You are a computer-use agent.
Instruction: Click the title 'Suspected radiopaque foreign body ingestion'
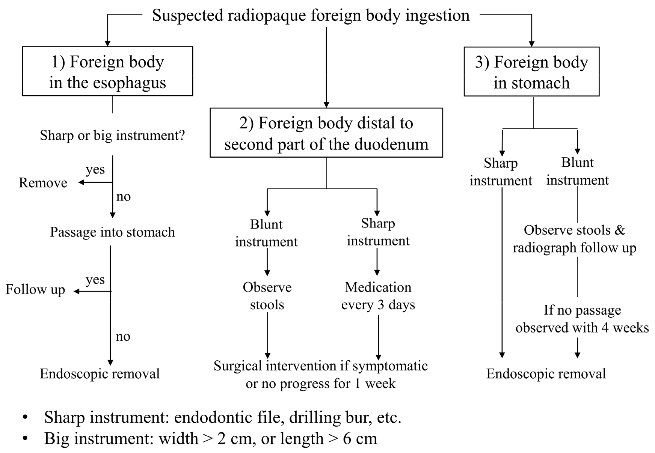click(x=311, y=16)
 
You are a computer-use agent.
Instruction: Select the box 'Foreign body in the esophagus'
click(x=107, y=72)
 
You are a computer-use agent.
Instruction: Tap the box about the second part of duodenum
click(x=326, y=133)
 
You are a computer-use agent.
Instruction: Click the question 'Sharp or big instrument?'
click(x=112, y=135)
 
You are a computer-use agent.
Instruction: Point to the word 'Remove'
click(x=43, y=183)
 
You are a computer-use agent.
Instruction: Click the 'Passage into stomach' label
click(x=112, y=232)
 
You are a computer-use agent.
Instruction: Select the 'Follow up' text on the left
click(x=35, y=289)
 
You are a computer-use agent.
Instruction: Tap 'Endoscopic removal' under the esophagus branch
click(x=100, y=373)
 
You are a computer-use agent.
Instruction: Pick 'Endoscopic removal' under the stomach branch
click(x=546, y=373)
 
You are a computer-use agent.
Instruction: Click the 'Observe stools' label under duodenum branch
click(x=267, y=296)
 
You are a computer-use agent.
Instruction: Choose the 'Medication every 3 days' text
click(x=378, y=296)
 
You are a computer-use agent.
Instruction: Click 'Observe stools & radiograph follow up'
click(x=575, y=239)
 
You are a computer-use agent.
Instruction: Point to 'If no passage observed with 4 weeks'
click(x=582, y=319)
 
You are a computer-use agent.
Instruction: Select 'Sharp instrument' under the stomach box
click(x=501, y=172)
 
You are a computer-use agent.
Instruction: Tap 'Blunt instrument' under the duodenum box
click(x=266, y=233)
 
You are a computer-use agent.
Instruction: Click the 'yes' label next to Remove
click(x=95, y=169)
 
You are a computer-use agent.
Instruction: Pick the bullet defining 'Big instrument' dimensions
click(x=210, y=438)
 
